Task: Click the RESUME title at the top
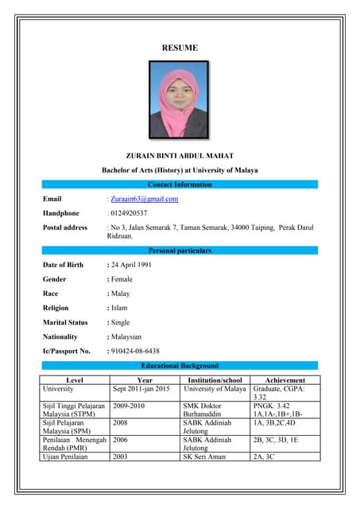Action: click(180, 49)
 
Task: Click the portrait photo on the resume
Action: click(180, 101)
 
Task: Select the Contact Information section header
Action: click(180, 185)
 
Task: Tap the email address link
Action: click(144, 199)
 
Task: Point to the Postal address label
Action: click(65, 227)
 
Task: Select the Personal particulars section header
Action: click(180, 251)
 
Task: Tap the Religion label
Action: click(56, 308)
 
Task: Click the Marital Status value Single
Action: click(122, 322)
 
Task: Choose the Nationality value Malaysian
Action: click(128, 336)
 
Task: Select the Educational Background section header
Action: click(180, 366)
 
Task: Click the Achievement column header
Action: click(285, 380)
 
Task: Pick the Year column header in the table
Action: click(145, 380)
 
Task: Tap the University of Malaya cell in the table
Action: click(215, 389)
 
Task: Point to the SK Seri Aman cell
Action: click(204, 457)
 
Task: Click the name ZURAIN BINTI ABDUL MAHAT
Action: click(180, 154)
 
